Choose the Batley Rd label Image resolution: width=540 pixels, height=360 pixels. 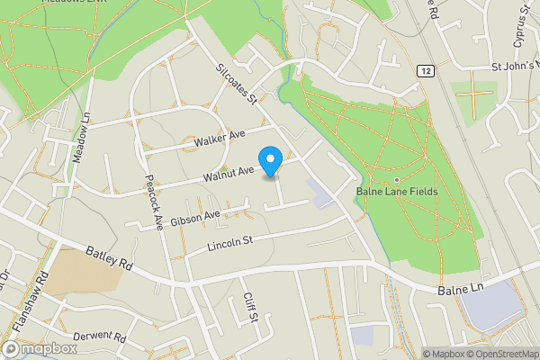(110, 261)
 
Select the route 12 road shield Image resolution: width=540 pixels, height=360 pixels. (424, 69)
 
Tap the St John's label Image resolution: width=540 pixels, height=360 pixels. (514, 66)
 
